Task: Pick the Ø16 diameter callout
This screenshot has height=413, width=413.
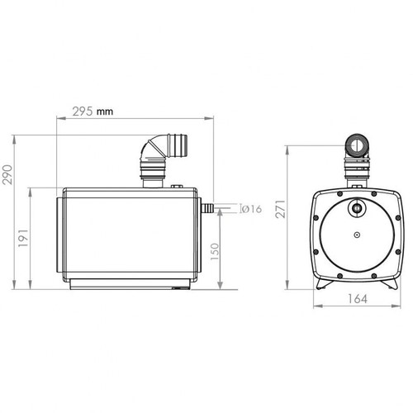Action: pos(251,209)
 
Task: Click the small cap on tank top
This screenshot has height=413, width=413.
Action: pos(177,188)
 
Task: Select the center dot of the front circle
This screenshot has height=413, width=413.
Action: pos(356,237)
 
